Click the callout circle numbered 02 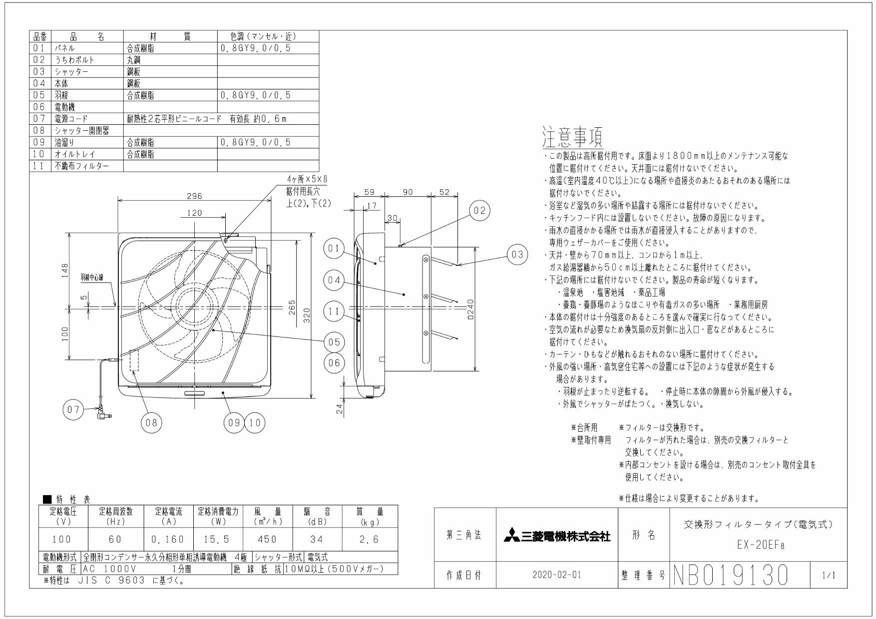[x=479, y=211]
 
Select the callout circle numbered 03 [x=517, y=255]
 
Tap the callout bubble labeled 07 [x=73, y=410]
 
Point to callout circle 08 [x=151, y=423]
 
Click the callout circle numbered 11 [x=335, y=311]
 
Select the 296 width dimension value [x=194, y=196]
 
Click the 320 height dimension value [x=307, y=315]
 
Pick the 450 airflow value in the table [x=267, y=539]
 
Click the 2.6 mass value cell [x=370, y=539]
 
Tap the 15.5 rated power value [x=218, y=539]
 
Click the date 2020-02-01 [x=557, y=575]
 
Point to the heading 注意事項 [x=573, y=136]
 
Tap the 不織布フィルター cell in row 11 [x=81, y=166]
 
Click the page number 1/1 [x=828, y=576]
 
